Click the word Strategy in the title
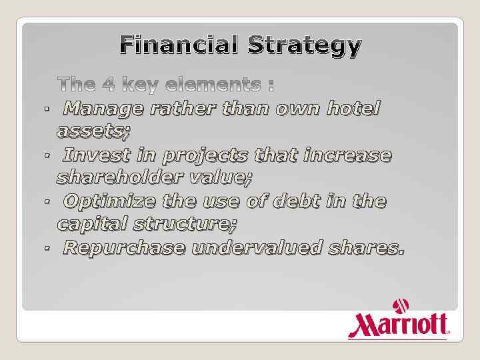click(x=305, y=47)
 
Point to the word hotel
click(x=353, y=108)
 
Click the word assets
click(x=93, y=131)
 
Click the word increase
click(x=347, y=155)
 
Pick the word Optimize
click(x=113, y=201)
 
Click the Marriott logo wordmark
click(x=398, y=325)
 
